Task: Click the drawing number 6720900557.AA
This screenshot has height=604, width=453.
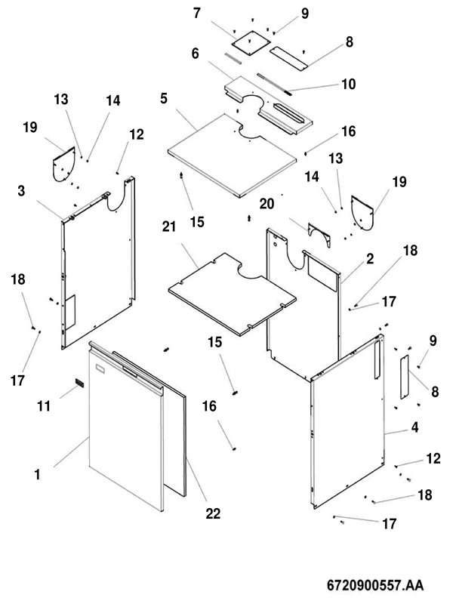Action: coord(374,585)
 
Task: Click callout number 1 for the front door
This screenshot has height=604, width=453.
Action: coord(37,475)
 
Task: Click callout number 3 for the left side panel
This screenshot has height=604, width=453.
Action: coord(22,192)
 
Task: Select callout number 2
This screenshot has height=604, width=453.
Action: coord(370,259)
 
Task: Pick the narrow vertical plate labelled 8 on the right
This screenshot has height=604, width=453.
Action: coord(403,377)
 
